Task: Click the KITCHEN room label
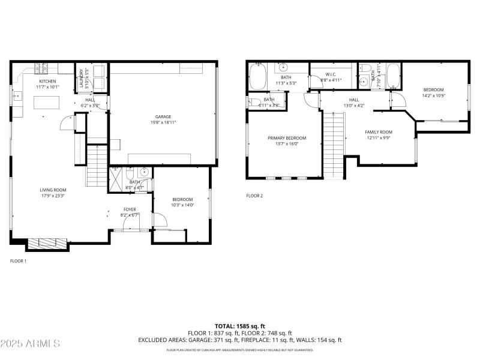[x=48, y=81]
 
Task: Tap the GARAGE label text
[x=163, y=116]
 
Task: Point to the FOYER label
[x=130, y=209]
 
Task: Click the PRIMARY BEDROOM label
[x=283, y=138]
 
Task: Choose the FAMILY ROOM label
[x=379, y=132]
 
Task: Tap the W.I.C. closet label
[x=331, y=75]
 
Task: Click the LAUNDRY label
[x=82, y=79]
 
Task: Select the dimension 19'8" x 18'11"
[x=163, y=122]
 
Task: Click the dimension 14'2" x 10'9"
[x=433, y=95]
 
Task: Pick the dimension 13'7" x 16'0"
[x=283, y=143]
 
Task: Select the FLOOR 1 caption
[x=18, y=261]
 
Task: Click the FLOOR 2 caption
[x=254, y=196]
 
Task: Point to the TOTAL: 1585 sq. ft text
[x=240, y=326]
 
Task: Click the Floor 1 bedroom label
[x=182, y=199]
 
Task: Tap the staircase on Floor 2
[x=334, y=144]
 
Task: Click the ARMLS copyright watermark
[x=30, y=344]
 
